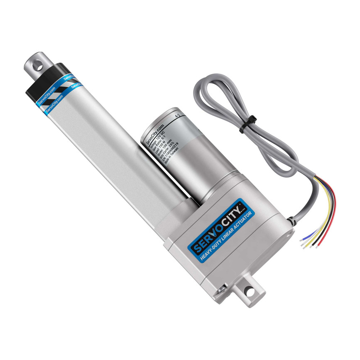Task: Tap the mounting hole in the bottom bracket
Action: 249,291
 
